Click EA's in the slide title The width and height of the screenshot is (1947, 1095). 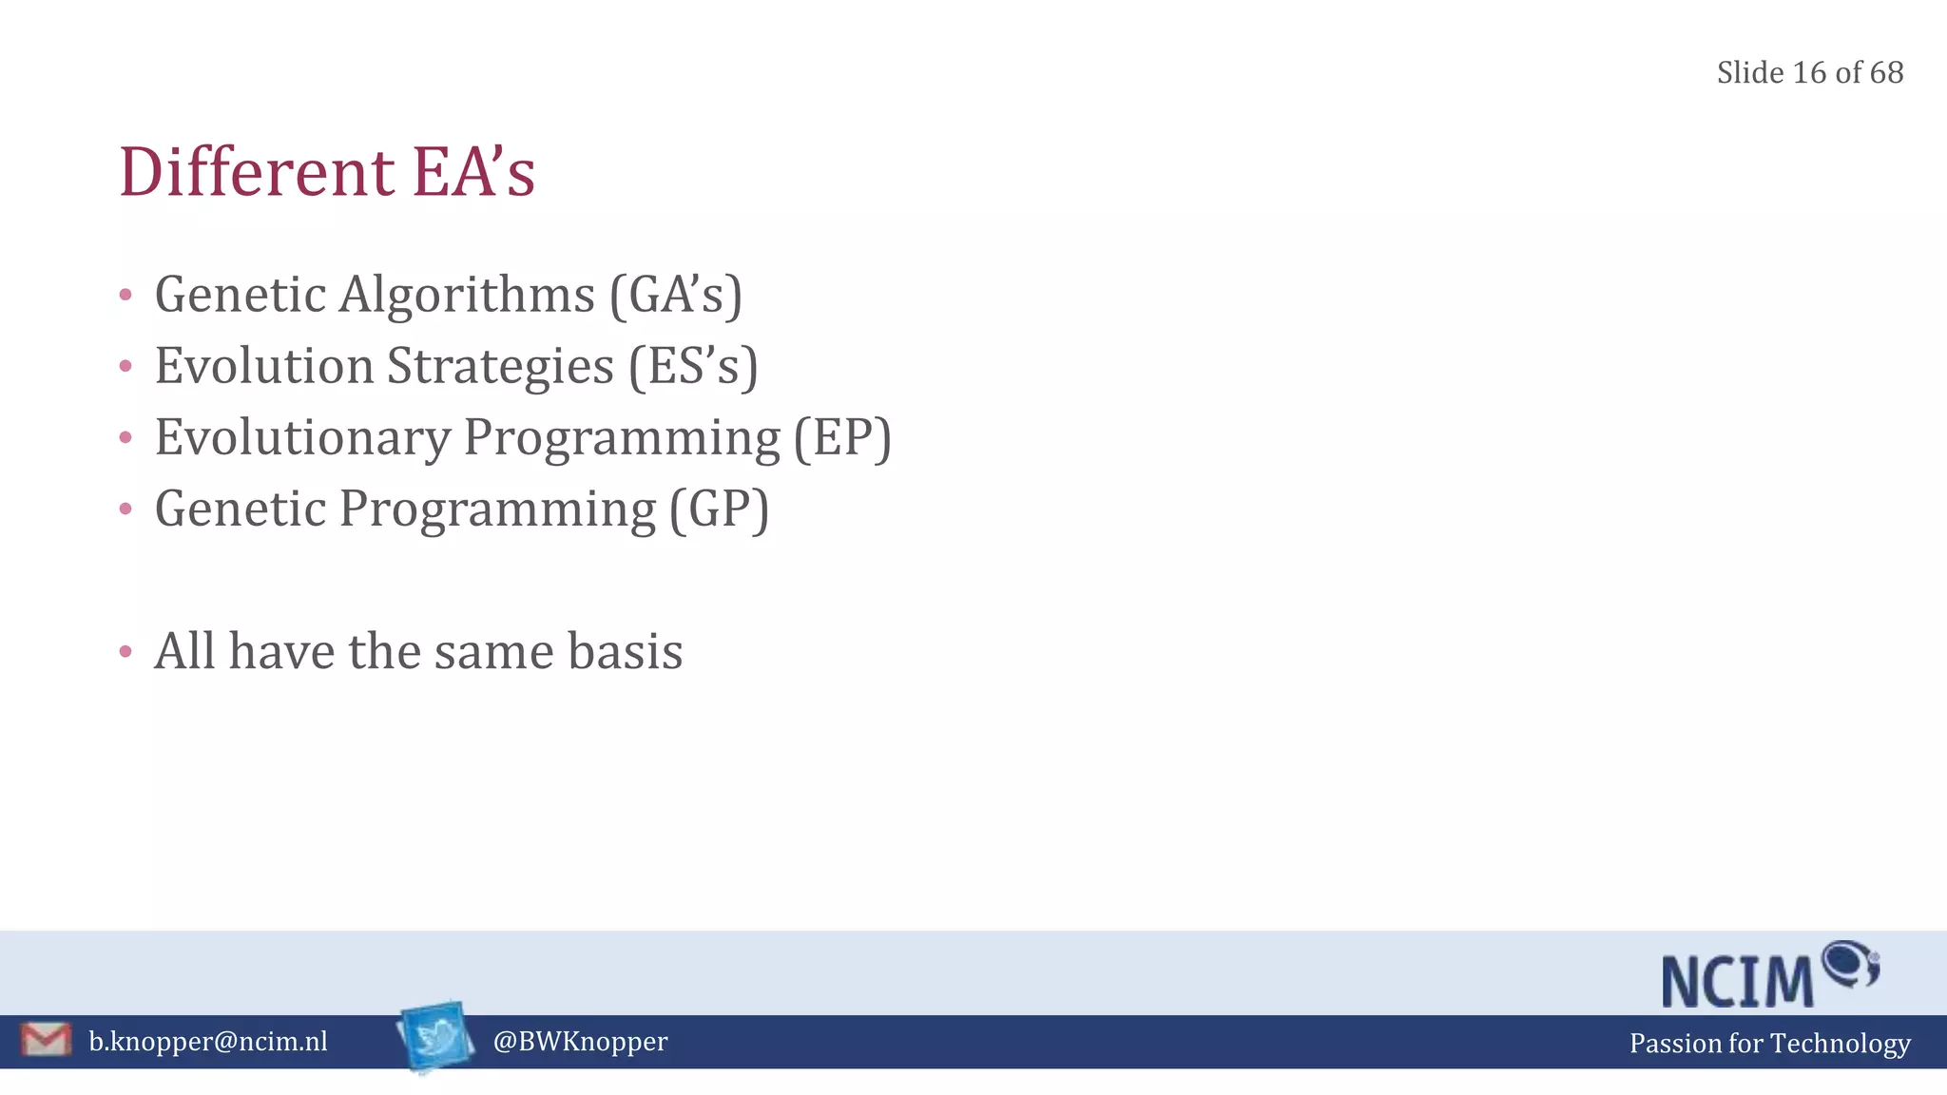[473, 173]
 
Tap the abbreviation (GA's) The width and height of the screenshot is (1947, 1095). [676, 295]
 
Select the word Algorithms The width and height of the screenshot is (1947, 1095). [467, 295]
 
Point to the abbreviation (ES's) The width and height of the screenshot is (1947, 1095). [693, 366]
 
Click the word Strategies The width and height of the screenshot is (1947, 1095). [500, 366]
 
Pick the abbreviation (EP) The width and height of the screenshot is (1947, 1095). [842, 438]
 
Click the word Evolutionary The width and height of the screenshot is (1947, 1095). [302, 438]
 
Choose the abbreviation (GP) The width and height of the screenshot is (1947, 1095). [719, 509]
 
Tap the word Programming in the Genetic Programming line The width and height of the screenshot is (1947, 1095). [497, 509]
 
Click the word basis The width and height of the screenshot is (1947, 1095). [625, 652]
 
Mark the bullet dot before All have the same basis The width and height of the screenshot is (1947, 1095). [125, 652]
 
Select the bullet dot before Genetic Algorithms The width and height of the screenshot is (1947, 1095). [125, 295]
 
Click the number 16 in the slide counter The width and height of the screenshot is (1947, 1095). [1809, 73]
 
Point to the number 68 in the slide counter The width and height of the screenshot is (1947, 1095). [1886, 73]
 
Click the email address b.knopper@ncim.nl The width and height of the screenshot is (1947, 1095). [208, 1042]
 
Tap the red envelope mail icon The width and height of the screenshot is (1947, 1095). [46, 1039]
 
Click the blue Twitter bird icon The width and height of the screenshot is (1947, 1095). [436, 1036]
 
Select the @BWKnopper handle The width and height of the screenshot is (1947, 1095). [580, 1042]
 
